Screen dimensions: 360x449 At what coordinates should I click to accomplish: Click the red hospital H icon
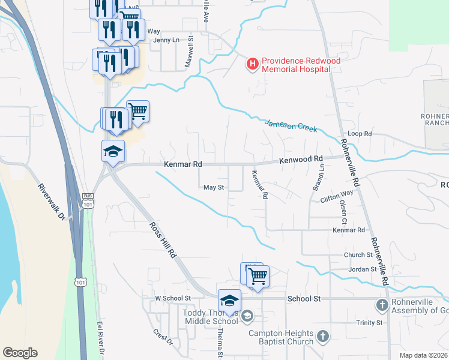coord(253,63)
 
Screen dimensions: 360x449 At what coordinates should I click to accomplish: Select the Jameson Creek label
coord(291,125)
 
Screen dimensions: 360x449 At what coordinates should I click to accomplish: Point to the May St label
coord(213,187)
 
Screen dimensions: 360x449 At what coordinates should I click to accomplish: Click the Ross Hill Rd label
coord(163,239)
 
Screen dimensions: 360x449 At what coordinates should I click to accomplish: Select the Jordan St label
coord(362,269)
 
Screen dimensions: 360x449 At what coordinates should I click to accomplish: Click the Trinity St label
coord(369,323)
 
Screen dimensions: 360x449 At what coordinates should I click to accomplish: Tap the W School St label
coord(172,298)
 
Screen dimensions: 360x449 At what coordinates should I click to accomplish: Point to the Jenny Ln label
coord(166,40)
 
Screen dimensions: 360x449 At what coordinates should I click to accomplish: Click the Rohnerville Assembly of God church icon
coord(382,305)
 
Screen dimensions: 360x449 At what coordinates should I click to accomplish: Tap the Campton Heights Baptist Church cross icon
coord(322,337)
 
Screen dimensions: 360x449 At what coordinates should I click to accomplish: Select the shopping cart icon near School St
coord(258,277)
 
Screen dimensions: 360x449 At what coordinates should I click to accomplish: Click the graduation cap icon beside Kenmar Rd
coord(112,152)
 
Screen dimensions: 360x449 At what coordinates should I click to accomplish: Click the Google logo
coord(20,353)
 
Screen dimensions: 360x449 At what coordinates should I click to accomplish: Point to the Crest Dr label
coord(163,337)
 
